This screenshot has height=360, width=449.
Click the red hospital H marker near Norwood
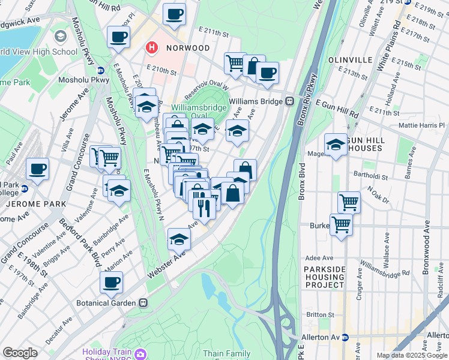(152, 47)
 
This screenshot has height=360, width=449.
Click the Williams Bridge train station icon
(289, 101)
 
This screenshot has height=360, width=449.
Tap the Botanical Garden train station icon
(143, 303)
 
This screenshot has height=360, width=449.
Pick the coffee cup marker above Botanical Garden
(111, 282)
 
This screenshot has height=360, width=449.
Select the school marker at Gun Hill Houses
(336, 143)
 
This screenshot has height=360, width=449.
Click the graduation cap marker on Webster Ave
(179, 239)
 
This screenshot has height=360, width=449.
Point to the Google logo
(20, 353)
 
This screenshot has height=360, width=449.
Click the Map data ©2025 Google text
(412, 355)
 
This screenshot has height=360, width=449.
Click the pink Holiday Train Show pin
(140, 353)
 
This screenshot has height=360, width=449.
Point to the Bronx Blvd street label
(303, 180)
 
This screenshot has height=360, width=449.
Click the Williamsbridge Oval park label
(199, 112)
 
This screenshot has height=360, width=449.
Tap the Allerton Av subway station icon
(345, 337)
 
